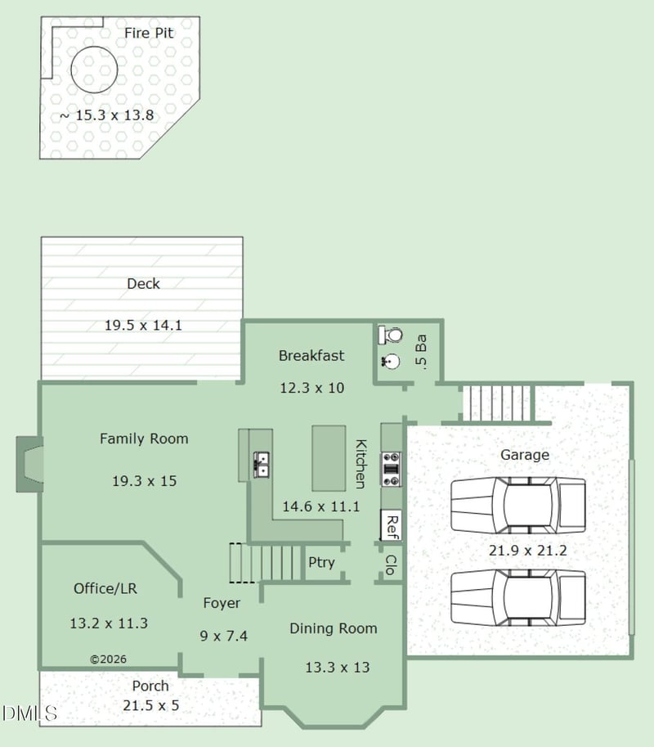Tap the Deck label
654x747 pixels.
pyautogui.click(x=143, y=284)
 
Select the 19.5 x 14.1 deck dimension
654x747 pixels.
pyautogui.click(x=143, y=326)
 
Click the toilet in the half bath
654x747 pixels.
pyautogui.click(x=391, y=335)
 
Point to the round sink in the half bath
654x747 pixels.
pyautogui.click(x=392, y=362)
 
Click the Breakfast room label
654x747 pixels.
pyautogui.click(x=311, y=356)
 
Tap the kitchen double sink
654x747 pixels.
pyautogui.click(x=261, y=465)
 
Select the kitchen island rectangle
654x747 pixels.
pyautogui.click(x=329, y=458)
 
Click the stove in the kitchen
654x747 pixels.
pyautogui.click(x=392, y=470)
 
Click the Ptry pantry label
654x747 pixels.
pyautogui.click(x=321, y=563)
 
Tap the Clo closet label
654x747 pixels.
pyautogui.click(x=390, y=565)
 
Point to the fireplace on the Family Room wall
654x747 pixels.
pyautogui.click(x=30, y=464)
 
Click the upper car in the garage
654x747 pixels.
pyautogui.click(x=518, y=505)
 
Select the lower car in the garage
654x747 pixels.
pyautogui.click(x=518, y=597)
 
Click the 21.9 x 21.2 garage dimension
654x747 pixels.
pyautogui.click(x=528, y=551)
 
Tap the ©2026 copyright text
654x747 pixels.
pyautogui.click(x=109, y=659)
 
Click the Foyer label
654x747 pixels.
pyautogui.click(x=222, y=603)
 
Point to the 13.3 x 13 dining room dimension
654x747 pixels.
pyautogui.click(x=338, y=668)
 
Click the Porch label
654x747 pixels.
pyautogui.click(x=150, y=686)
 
